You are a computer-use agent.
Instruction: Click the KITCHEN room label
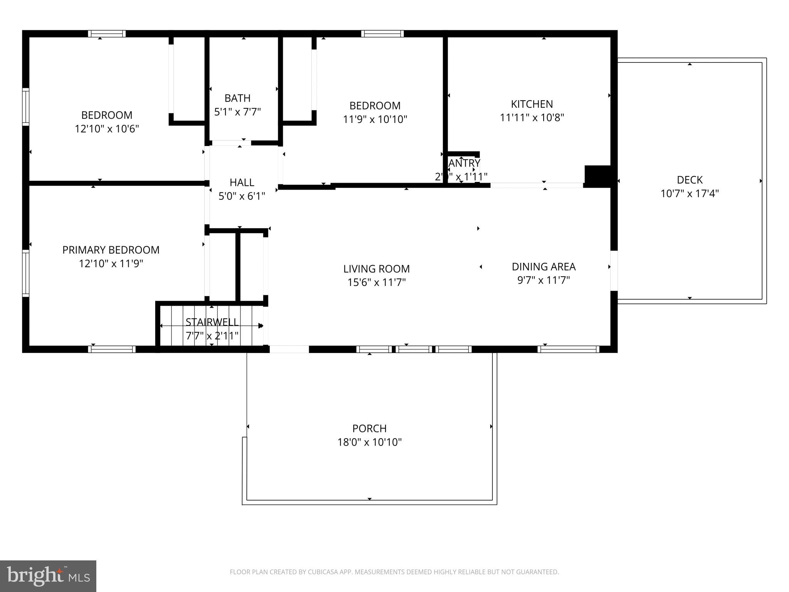coord(532,104)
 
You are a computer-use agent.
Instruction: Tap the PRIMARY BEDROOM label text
coord(111,250)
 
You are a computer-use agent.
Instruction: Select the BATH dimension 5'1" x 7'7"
coord(237,112)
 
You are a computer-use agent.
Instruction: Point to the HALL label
coord(242,182)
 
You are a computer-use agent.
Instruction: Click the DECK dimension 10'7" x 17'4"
coord(690,193)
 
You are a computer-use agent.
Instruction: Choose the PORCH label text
coord(369,428)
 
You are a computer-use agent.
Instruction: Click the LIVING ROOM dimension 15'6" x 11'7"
coord(376,282)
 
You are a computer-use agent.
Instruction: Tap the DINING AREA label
coord(544,266)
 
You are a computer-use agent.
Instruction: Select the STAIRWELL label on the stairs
coord(212,322)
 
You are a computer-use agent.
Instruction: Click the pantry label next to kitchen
coord(464,163)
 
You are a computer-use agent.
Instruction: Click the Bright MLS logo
coord(48,576)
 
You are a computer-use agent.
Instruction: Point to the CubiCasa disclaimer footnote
coord(394,572)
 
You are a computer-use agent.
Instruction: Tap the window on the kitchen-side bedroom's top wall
coord(382,34)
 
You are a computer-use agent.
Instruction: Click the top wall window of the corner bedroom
coord(107,34)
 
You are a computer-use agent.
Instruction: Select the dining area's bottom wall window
coord(568,349)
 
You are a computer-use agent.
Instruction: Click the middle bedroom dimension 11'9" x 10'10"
coord(375,119)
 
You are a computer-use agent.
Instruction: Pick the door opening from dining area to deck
coord(614,271)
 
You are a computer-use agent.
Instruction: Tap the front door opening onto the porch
coord(289,349)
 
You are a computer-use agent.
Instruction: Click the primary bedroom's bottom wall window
coord(112,349)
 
